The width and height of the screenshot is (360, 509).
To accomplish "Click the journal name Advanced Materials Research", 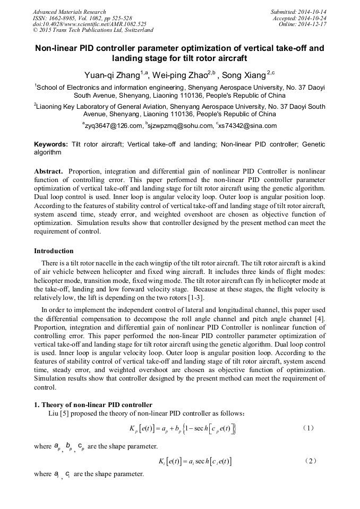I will pos(69,12).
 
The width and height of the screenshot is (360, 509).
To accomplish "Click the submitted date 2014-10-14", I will pos(312,12).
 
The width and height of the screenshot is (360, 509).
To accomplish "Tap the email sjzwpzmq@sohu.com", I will pos(181,126).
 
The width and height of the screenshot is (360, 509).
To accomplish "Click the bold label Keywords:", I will pos(51,144).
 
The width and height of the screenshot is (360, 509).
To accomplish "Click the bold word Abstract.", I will pos(49,171).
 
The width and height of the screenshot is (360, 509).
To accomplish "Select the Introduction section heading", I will pos(54,251).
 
